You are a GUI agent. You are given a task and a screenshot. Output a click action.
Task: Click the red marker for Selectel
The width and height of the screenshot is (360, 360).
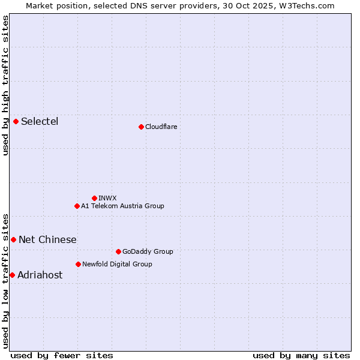[x=16, y=121]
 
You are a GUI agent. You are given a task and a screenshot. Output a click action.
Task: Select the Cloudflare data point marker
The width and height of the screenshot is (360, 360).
[x=141, y=127]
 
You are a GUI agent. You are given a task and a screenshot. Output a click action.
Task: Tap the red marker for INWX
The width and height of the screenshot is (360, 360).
[x=94, y=198]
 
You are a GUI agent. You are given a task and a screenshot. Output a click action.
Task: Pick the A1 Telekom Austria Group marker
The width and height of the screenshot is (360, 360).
[x=77, y=206]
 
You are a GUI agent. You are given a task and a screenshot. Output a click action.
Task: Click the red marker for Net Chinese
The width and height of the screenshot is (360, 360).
[x=14, y=239]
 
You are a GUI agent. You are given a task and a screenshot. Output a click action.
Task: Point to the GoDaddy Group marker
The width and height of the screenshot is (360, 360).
[x=118, y=251]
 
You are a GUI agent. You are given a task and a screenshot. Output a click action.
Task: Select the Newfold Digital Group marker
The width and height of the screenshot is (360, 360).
[x=78, y=264]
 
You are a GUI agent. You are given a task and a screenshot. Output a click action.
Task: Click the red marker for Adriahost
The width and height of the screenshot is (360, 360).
[x=12, y=275]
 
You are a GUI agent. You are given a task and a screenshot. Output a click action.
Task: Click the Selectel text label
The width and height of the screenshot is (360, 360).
[x=40, y=122]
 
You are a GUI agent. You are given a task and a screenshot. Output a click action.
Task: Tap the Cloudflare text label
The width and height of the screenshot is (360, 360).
[x=161, y=127]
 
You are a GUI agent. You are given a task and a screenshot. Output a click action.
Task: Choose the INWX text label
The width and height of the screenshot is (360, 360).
[x=107, y=198]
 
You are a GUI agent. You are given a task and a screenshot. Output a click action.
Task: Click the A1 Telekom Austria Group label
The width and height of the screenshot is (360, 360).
[x=122, y=206]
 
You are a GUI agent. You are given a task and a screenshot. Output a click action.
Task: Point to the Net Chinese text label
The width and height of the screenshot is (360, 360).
[x=47, y=240]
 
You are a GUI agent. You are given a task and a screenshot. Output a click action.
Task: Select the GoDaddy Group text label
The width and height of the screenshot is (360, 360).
[x=148, y=251]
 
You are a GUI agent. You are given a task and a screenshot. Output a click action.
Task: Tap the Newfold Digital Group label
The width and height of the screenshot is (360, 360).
[x=117, y=264]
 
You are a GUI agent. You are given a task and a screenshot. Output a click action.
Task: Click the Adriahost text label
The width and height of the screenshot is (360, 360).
[x=40, y=275]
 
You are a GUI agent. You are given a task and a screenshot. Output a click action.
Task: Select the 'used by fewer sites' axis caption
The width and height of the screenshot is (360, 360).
[x=62, y=355]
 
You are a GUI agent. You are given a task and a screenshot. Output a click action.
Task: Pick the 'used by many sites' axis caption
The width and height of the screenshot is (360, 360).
[x=301, y=355]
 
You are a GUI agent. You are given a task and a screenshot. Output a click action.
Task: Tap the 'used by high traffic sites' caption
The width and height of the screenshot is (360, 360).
[x=5, y=85]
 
